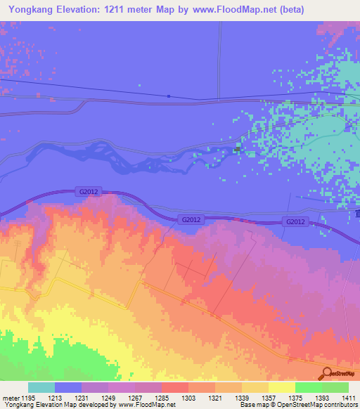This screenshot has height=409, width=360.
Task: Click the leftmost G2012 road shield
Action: [88, 191]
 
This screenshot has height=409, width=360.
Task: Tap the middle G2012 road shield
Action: [191, 220]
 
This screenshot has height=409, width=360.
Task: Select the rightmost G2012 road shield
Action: [296, 222]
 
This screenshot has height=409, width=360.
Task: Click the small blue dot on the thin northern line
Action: [169, 96]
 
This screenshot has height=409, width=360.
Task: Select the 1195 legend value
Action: [28, 398]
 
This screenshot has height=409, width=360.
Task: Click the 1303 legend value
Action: [188, 398]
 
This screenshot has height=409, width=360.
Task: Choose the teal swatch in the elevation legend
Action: [41, 387]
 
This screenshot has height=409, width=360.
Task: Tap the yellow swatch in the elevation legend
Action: [282, 387]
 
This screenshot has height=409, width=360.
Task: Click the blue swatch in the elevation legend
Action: [68, 387]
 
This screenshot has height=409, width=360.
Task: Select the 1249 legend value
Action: [108, 398]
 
